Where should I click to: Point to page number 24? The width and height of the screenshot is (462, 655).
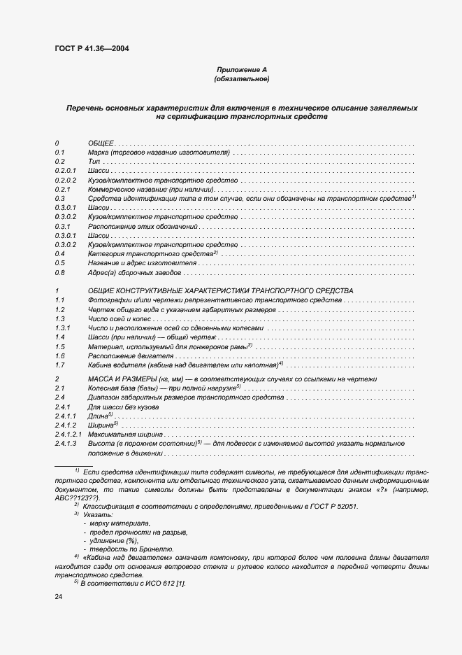click(59, 596)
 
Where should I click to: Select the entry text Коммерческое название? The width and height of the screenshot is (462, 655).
click(126, 190)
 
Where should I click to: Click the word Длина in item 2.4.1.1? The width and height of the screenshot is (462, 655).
click(99, 416)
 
